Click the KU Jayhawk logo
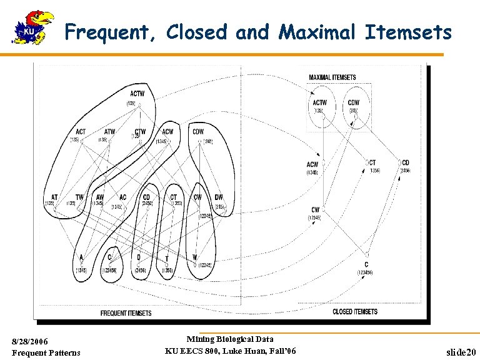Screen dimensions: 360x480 click(x=33, y=27)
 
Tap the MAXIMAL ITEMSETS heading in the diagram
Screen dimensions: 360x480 click(x=332, y=77)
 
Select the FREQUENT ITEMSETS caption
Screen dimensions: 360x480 click(x=126, y=313)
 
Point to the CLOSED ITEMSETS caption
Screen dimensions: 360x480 click(x=355, y=311)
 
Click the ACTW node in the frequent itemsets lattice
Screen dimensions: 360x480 click(x=137, y=94)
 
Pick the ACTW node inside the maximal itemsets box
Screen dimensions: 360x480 click(x=319, y=103)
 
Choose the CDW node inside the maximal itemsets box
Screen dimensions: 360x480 click(x=353, y=103)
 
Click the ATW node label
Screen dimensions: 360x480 click(x=109, y=132)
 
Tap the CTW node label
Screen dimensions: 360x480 click(x=140, y=132)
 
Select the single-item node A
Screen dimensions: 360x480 click(x=81, y=257)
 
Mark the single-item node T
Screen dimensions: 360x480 click(x=167, y=258)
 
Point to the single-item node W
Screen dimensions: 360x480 click(x=195, y=257)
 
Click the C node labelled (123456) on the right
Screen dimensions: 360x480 click(x=366, y=265)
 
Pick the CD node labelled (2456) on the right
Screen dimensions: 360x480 click(x=405, y=162)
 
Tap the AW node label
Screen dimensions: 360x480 click(x=100, y=197)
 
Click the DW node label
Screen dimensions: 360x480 click(x=219, y=197)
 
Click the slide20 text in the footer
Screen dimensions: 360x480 click(x=462, y=352)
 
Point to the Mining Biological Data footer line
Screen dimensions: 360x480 click(x=230, y=339)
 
